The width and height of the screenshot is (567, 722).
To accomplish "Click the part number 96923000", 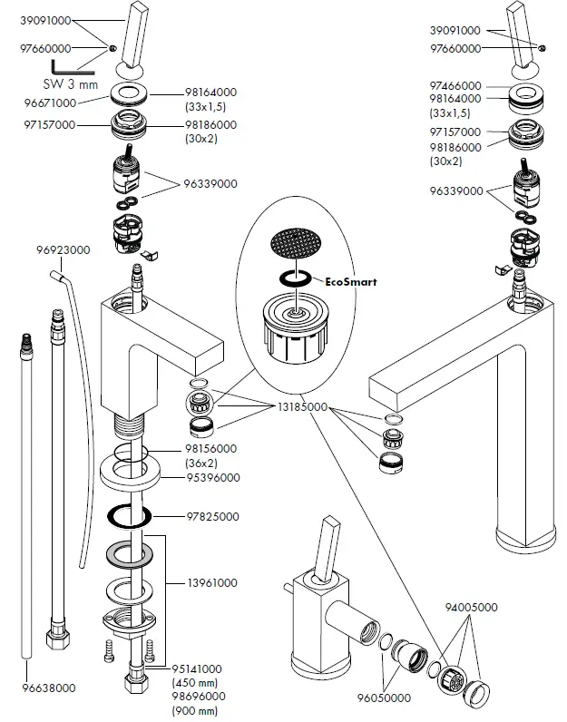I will [x=64, y=249].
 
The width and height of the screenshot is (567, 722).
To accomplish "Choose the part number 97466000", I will [x=455, y=85].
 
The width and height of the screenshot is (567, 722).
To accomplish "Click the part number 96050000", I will [x=384, y=698].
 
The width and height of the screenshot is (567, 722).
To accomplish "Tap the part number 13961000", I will [x=213, y=582].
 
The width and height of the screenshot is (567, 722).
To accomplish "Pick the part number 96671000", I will [x=51, y=104].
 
